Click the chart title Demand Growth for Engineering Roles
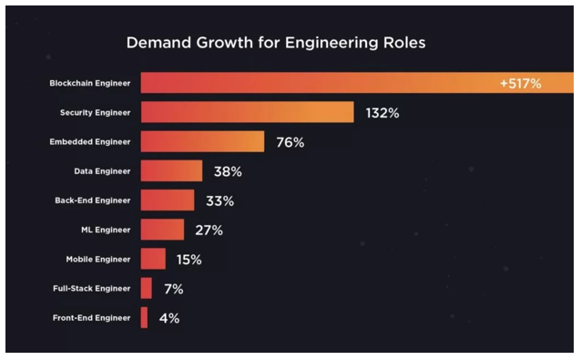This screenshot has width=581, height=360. tap(275, 43)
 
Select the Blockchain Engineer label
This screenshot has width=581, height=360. tap(89, 84)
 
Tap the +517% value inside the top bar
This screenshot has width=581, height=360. tap(520, 84)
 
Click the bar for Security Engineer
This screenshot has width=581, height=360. tap(247, 113)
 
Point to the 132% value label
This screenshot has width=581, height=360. tap(382, 113)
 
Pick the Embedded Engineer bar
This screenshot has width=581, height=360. tap(202, 142)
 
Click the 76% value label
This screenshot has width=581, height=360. tap(290, 142)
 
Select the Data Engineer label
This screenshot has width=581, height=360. tap(102, 171)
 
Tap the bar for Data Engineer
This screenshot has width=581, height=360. tap(171, 171)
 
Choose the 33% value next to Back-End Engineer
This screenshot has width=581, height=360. tap(219, 201)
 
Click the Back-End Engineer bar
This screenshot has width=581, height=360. tap(168, 201)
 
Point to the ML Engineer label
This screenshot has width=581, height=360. tap(106, 230)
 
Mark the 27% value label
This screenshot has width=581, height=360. tap(209, 230)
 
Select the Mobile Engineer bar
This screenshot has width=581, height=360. tap(153, 259)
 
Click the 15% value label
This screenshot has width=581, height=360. tap(189, 259)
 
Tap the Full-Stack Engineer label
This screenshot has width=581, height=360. tap(93, 289)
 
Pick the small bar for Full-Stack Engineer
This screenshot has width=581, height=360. tap(147, 289)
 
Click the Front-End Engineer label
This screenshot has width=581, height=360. tap(91, 318)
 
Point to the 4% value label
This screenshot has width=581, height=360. tap(169, 318)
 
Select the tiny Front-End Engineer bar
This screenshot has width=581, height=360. tap(144, 318)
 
